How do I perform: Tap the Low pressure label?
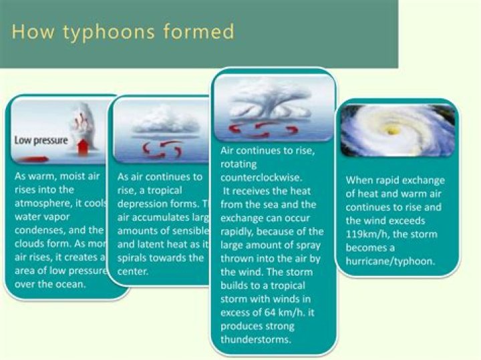[x=41, y=140]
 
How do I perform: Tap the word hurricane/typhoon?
[x=390, y=261]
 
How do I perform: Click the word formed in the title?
[x=200, y=32]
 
